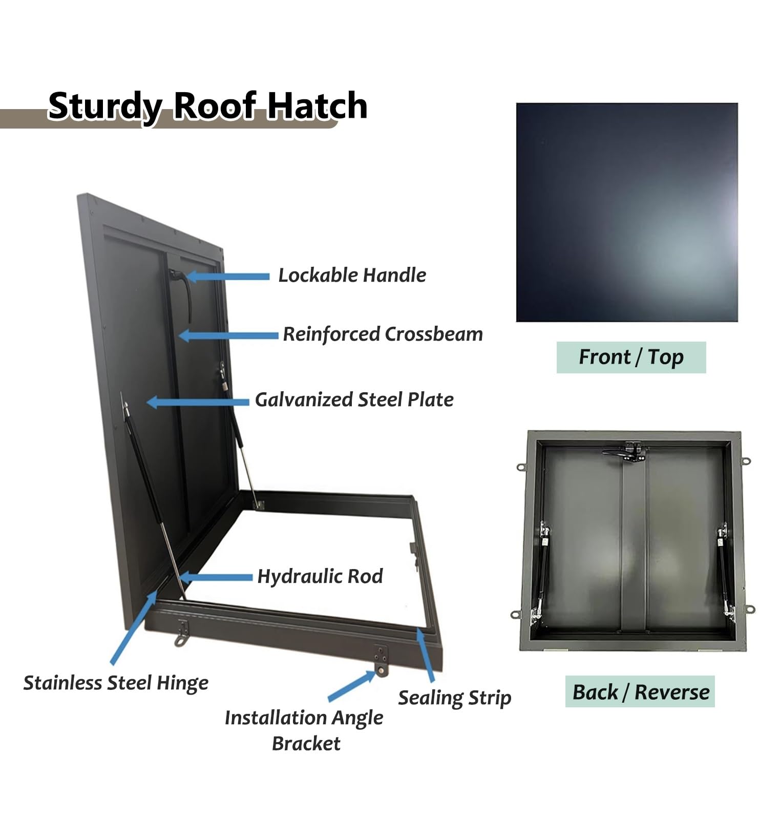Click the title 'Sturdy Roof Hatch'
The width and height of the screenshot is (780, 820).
pyautogui.click(x=207, y=106)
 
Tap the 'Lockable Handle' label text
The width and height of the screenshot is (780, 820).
pyautogui.click(x=352, y=276)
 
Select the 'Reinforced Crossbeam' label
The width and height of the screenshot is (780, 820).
pyautogui.click(x=383, y=334)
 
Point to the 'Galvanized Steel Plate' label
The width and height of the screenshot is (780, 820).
pyautogui.click(x=354, y=400)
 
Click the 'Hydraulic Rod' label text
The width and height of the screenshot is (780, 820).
pyautogui.click(x=320, y=577)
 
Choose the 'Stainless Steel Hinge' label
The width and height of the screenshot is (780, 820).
pyautogui.click(x=116, y=683)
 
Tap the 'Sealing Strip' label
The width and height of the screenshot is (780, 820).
pyautogui.click(x=454, y=698)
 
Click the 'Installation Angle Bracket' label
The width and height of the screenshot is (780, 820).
pyautogui.click(x=304, y=730)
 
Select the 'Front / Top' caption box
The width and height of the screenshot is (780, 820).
pyautogui.click(x=631, y=358)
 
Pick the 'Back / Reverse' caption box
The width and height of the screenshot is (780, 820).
pyautogui.click(x=640, y=692)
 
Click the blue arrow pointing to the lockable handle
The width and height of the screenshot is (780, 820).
pyautogui.click(x=228, y=277)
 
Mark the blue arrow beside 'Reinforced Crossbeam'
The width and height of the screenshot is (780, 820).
pyautogui.click(x=229, y=336)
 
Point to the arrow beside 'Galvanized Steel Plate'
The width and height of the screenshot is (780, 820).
pyautogui.click(x=198, y=402)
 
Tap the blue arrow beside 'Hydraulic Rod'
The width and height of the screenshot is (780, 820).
pyautogui.click(x=216, y=578)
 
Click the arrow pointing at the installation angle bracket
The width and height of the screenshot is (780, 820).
pyautogui.click(x=352, y=686)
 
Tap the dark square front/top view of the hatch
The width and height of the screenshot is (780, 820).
pyautogui.click(x=627, y=213)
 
